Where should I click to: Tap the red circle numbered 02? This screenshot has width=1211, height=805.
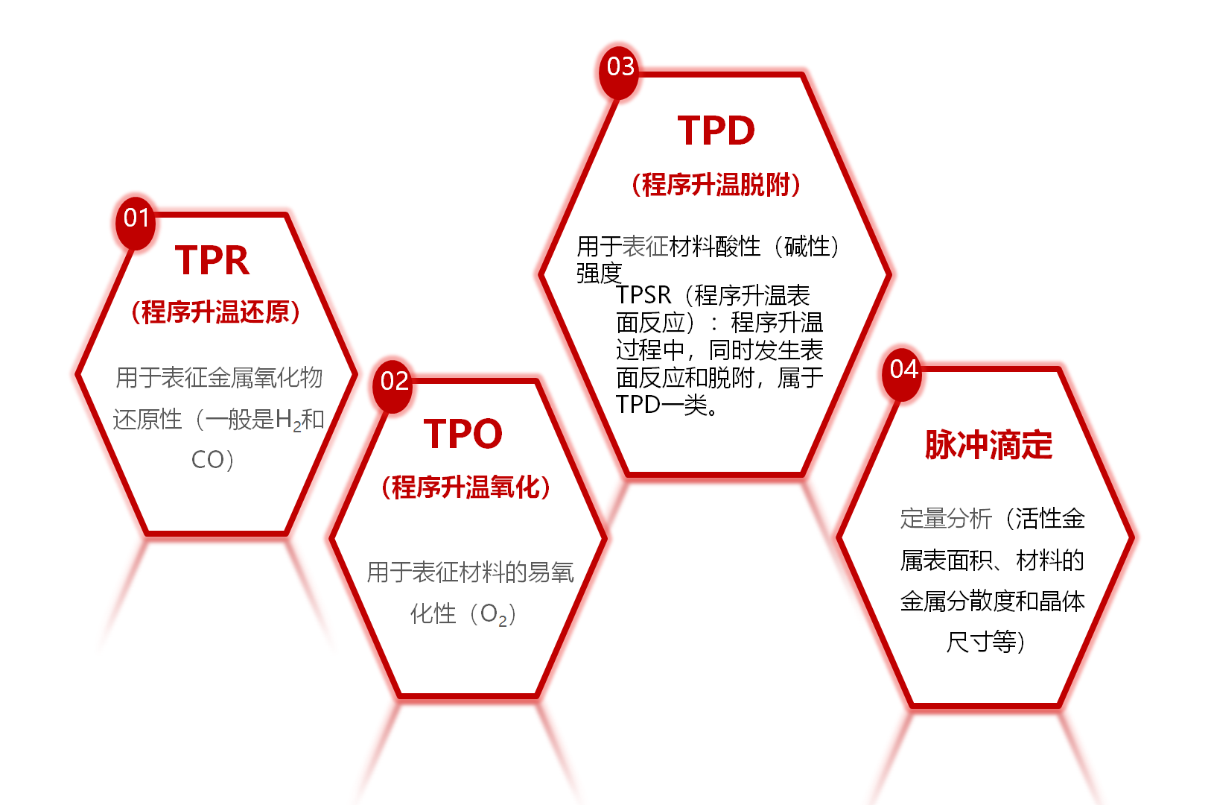[x=393, y=386]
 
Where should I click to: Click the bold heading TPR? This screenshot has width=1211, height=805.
[x=212, y=260]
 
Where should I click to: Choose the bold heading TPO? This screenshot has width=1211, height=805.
[x=463, y=433]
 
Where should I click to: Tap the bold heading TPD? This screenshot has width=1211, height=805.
[x=716, y=131]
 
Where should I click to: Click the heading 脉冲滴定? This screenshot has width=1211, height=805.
[x=989, y=445]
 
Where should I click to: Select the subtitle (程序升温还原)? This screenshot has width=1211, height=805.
[x=216, y=312]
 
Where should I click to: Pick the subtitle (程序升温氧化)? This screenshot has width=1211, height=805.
[x=465, y=487]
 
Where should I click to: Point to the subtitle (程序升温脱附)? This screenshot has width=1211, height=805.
[x=716, y=185]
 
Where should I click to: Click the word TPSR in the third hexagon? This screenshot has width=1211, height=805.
[x=643, y=295]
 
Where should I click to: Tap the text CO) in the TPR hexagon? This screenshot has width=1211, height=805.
[x=212, y=460]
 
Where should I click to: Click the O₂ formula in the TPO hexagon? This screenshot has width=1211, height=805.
[x=494, y=615]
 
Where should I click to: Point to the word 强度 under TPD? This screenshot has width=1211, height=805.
[x=599, y=274]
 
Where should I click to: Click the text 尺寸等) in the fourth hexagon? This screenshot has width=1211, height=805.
[x=985, y=643]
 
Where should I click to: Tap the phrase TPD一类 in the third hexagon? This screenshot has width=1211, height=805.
[x=661, y=405]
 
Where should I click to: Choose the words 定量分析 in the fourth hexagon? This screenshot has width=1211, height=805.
[x=946, y=518]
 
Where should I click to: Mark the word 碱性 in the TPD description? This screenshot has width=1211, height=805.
[x=807, y=247]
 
